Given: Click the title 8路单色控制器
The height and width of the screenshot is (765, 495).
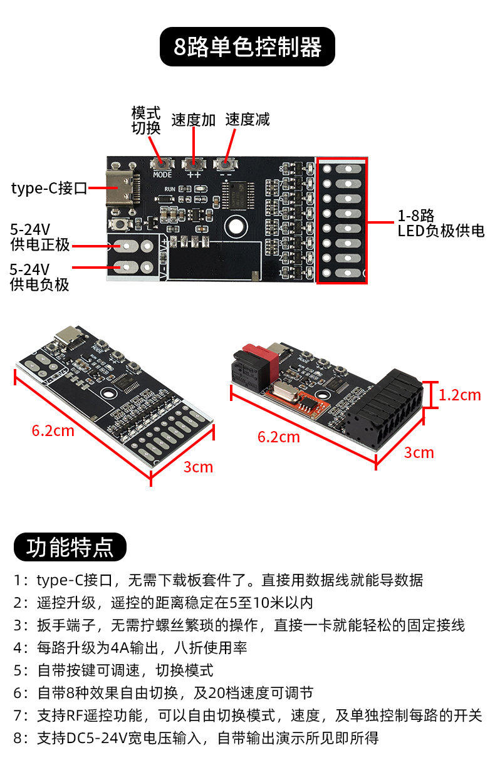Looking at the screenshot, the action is click(x=247, y=47).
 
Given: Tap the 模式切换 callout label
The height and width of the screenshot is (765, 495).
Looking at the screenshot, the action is click(x=146, y=120).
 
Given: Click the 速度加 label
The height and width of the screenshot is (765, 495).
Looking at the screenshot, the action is click(x=194, y=120).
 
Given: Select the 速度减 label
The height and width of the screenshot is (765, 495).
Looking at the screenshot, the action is click(x=247, y=120).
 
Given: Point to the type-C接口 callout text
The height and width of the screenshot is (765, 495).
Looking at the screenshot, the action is click(x=49, y=188).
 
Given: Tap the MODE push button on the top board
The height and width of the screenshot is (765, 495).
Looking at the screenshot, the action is click(x=162, y=164).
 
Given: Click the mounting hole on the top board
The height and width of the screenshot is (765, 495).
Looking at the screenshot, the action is click(x=236, y=226).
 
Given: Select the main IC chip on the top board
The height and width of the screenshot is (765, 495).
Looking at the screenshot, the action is click(x=238, y=195).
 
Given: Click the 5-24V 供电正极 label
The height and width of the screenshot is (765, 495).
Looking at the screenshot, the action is click(x=40, y=237).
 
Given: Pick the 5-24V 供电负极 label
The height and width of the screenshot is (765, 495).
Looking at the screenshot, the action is click(x=39, y=277).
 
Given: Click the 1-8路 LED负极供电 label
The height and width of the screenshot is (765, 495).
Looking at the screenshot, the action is click(x=441, y=223).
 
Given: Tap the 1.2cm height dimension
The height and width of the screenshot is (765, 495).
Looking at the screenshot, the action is click(x=459, y=395).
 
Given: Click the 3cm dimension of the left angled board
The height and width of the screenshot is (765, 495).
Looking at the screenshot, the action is click(x=198, y=467).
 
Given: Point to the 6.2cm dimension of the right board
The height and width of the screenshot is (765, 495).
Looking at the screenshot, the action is click(x=279, y=437).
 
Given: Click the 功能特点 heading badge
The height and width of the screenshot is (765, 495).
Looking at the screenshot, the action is click(x=70, y=547).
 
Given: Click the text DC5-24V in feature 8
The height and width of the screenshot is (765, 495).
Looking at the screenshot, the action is click(x=97, y=738).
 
